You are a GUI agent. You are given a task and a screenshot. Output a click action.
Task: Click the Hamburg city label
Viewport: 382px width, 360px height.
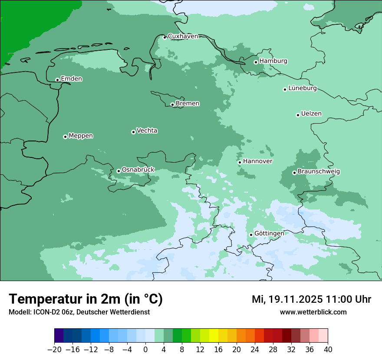[x=273, y=61]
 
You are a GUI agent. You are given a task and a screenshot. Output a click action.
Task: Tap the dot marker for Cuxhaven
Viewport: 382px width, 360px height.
[x=165, y=37]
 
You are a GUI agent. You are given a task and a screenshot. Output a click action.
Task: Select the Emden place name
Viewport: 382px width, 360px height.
[x=71, y=79]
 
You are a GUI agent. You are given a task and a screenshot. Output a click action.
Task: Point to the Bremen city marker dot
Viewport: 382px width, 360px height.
[x=172, y=105]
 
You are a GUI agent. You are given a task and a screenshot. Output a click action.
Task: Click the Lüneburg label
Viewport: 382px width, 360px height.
[x=302, y=88]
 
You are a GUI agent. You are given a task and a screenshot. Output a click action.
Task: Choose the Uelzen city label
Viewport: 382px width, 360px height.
[x=311, y=114]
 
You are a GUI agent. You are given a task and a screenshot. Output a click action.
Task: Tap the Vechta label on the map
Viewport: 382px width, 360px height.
[x=147, y=131]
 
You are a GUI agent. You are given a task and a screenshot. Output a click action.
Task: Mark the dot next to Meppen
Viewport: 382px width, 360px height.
[x=65, y=137]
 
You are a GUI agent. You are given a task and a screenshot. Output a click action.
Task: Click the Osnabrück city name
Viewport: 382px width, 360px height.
[x=138, y=170]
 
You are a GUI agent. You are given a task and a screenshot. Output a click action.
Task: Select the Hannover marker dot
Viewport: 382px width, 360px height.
[x=240, y=162]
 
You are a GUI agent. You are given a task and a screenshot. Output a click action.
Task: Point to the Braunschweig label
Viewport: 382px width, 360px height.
[x=319, y=172]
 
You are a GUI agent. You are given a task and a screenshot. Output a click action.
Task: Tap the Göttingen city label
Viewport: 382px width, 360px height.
[x=269, y=233]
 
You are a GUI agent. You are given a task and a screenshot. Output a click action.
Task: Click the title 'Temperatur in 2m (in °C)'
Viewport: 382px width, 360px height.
[x=86, y=299]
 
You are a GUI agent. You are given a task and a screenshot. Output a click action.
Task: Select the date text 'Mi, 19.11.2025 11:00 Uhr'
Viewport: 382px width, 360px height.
[x=311, y=299]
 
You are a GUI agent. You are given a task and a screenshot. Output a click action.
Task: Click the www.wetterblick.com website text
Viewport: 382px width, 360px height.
[x=313, y=312]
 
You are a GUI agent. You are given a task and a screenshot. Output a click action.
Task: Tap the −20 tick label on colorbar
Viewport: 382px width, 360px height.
[x=54, y=350]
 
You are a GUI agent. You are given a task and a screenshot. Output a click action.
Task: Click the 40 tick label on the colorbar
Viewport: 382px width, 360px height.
[x=328, y=350]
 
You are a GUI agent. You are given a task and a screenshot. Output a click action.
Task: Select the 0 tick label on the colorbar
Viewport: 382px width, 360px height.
[x=145, y=350]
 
